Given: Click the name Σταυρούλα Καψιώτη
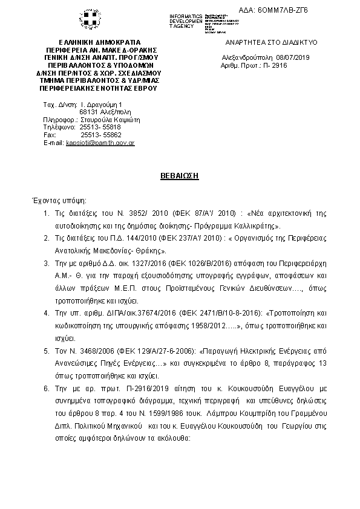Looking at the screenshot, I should [111, 120].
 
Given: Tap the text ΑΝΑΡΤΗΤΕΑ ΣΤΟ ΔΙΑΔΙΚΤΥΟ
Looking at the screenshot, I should [271, 43].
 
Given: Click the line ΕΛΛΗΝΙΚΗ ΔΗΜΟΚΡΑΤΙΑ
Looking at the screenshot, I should [97, 43].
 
